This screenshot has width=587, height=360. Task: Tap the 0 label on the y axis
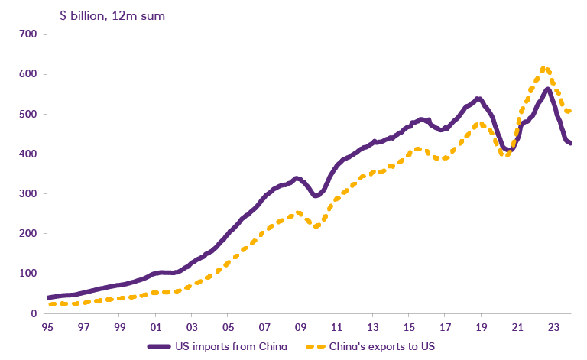coord(33,313)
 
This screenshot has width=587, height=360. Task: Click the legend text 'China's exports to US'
coord(380,347)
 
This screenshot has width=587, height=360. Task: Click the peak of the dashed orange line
coord(543,69)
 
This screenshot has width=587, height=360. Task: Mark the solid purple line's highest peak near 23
coord(548,89)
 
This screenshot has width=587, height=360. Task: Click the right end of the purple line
coord(569,143)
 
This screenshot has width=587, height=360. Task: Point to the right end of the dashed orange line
coord(569,112)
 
